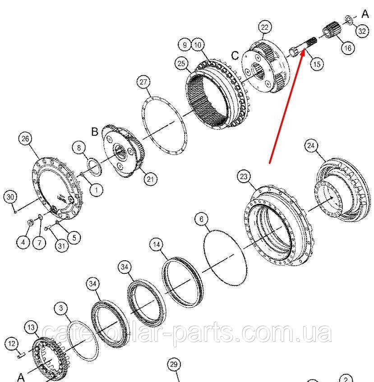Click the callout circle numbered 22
pos(265,27)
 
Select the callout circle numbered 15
pos(317,64)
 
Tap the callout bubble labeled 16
pos(348,48)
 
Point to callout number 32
pos(362,31)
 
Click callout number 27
pos(143,82)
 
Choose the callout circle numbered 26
pos(25,138)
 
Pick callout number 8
pos(78,147)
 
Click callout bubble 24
pos(311,146)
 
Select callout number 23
pos(244,176)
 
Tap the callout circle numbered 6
pos(202,219)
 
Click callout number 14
pos(157,244)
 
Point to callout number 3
pos(61,308)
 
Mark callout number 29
pos(174,364)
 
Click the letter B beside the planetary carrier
pos(95,132)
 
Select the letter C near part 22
pos(235,55)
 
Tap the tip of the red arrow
pos(305,49)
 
